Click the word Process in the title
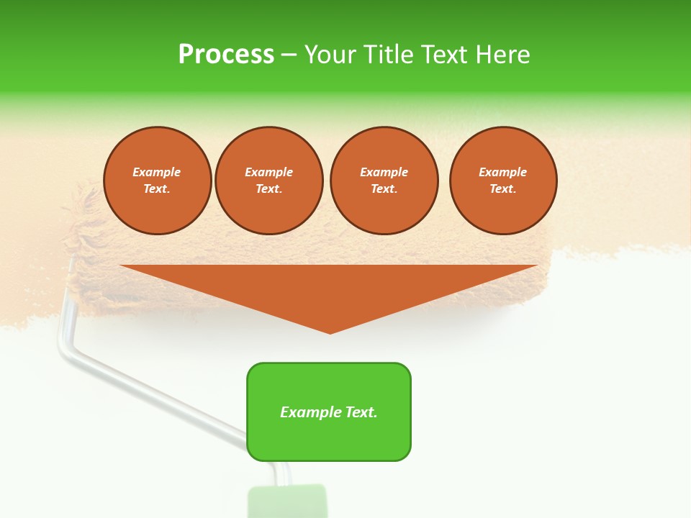[x=226, y=55]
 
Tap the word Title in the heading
[x=386, y=55]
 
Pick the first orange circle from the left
[x=157, y=181]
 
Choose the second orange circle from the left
[x=268, y=181]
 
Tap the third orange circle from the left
[x=384, y=181]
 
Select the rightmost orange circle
[x=502, y=181]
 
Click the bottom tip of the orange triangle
[x=330, y=332]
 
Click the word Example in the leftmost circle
[x=157, y=172]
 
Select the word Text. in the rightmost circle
[x=502, y=189]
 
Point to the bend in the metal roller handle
[x=63, y=349]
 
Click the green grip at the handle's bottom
[x=286, y=502]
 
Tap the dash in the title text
[x=289, y=55]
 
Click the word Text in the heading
[x=441, y=55]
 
